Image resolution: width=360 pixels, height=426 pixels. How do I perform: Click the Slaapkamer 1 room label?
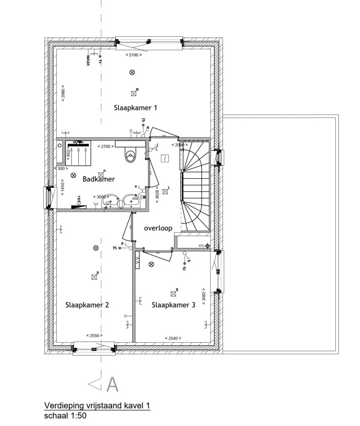136,108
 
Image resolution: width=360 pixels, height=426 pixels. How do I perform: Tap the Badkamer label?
99,179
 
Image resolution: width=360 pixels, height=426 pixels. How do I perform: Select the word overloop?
158,228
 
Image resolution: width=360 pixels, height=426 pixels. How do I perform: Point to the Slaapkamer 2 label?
87,305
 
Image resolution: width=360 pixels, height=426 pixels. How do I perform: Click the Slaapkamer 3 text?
173,305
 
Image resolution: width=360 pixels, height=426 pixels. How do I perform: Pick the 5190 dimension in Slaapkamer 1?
133,55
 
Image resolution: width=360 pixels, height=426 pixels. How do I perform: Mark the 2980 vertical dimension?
63,92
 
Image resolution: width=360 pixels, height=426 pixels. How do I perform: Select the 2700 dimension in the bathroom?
106,146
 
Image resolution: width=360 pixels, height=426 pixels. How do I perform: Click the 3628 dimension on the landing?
157,194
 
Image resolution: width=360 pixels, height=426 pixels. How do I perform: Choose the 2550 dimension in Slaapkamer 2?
94,335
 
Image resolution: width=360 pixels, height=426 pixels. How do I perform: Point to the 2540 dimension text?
173,338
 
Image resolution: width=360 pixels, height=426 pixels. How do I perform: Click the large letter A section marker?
112,384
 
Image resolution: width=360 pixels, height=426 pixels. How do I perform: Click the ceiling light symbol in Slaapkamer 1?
132,72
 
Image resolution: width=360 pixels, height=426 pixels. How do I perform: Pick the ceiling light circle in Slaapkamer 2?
96,248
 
